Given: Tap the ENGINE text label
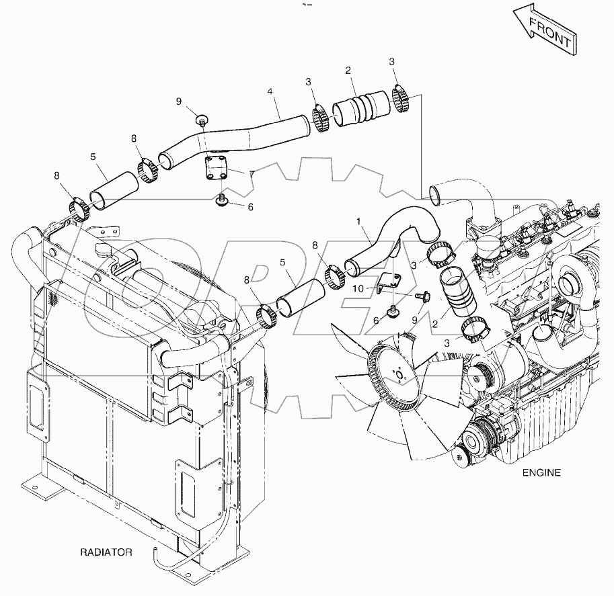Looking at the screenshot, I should point(541,472).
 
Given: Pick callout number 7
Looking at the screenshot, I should point(251,174).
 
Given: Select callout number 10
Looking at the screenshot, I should point(356,288).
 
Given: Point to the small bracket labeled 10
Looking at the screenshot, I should point(387,282).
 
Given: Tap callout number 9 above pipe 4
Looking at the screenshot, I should point(179,101).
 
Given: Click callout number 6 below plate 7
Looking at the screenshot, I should point(250,207).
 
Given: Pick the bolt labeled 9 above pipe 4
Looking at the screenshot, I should point(201,121).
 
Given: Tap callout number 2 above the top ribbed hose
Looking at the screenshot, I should point(348,71).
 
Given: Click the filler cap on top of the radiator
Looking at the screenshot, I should point(104,251).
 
